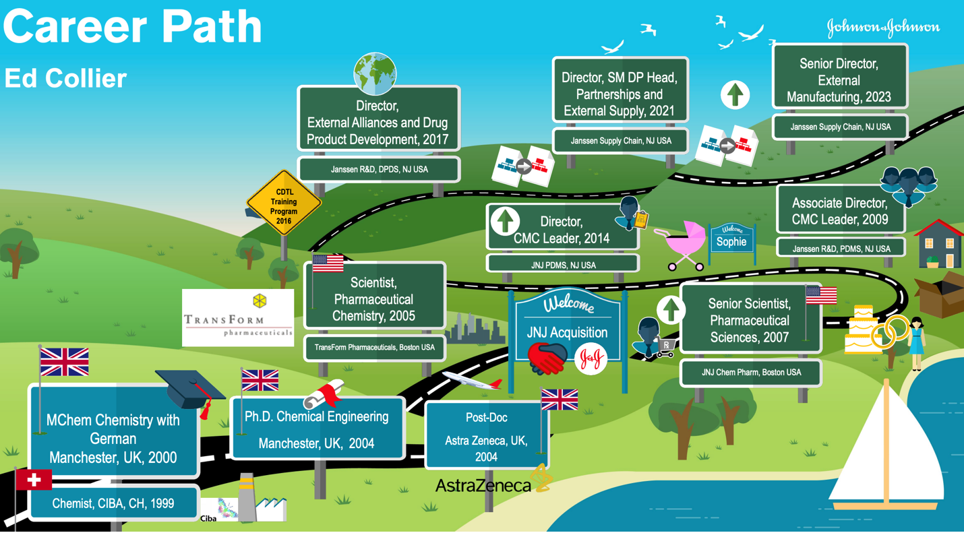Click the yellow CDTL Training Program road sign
(284, 202)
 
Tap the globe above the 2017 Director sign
(375, 73)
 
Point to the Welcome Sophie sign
(731, 239)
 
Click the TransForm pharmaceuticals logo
(238, 318)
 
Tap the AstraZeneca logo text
(483, 485)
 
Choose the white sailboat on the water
(886, 445)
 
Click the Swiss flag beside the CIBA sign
(34, 479)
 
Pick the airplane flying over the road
(472, 381)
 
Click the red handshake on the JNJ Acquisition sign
(547, 357)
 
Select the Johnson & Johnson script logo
(882, 28)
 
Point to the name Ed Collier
(65, 78)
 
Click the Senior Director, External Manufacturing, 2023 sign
(839, 80)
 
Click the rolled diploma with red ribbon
(324, 395)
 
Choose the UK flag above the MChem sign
(64, 362)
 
